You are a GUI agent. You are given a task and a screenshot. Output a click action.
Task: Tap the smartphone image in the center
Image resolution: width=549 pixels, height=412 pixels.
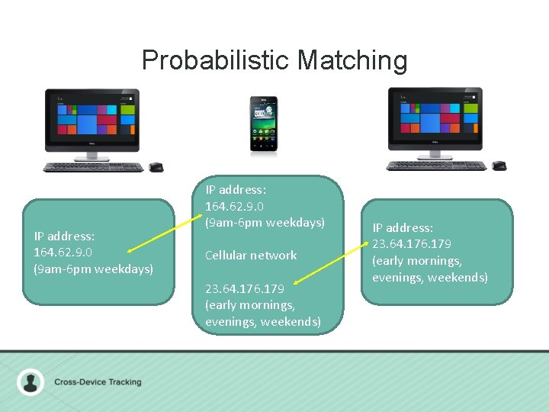click(x=264, y=124)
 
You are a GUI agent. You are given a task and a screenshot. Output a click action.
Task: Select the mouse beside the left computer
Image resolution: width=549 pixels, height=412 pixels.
click(x=156, y=167)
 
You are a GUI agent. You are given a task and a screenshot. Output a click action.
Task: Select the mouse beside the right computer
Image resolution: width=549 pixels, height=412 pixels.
click(x=499, y=166)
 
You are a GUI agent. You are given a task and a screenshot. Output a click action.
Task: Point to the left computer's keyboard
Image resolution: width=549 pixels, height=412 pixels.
click(x=93, y=167)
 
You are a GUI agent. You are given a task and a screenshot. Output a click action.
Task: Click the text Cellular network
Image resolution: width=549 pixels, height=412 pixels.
click(x=251, y=255)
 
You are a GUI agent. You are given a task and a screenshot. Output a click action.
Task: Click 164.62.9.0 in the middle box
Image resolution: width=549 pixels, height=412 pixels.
click(x=236, y=205)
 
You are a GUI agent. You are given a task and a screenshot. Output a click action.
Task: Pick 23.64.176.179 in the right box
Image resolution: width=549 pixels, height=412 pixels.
click(x=412, y=244)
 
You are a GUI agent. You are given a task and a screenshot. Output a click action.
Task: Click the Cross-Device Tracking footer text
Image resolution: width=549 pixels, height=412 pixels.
click(x=98, y=381)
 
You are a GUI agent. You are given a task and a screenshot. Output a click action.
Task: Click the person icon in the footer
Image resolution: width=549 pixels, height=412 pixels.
click(x=30, y=381)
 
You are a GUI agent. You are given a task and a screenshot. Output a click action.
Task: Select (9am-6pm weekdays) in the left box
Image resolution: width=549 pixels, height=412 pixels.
click(x=93, y=269)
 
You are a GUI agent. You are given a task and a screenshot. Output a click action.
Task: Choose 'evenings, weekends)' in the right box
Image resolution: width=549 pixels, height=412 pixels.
click(x=430, y=277)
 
